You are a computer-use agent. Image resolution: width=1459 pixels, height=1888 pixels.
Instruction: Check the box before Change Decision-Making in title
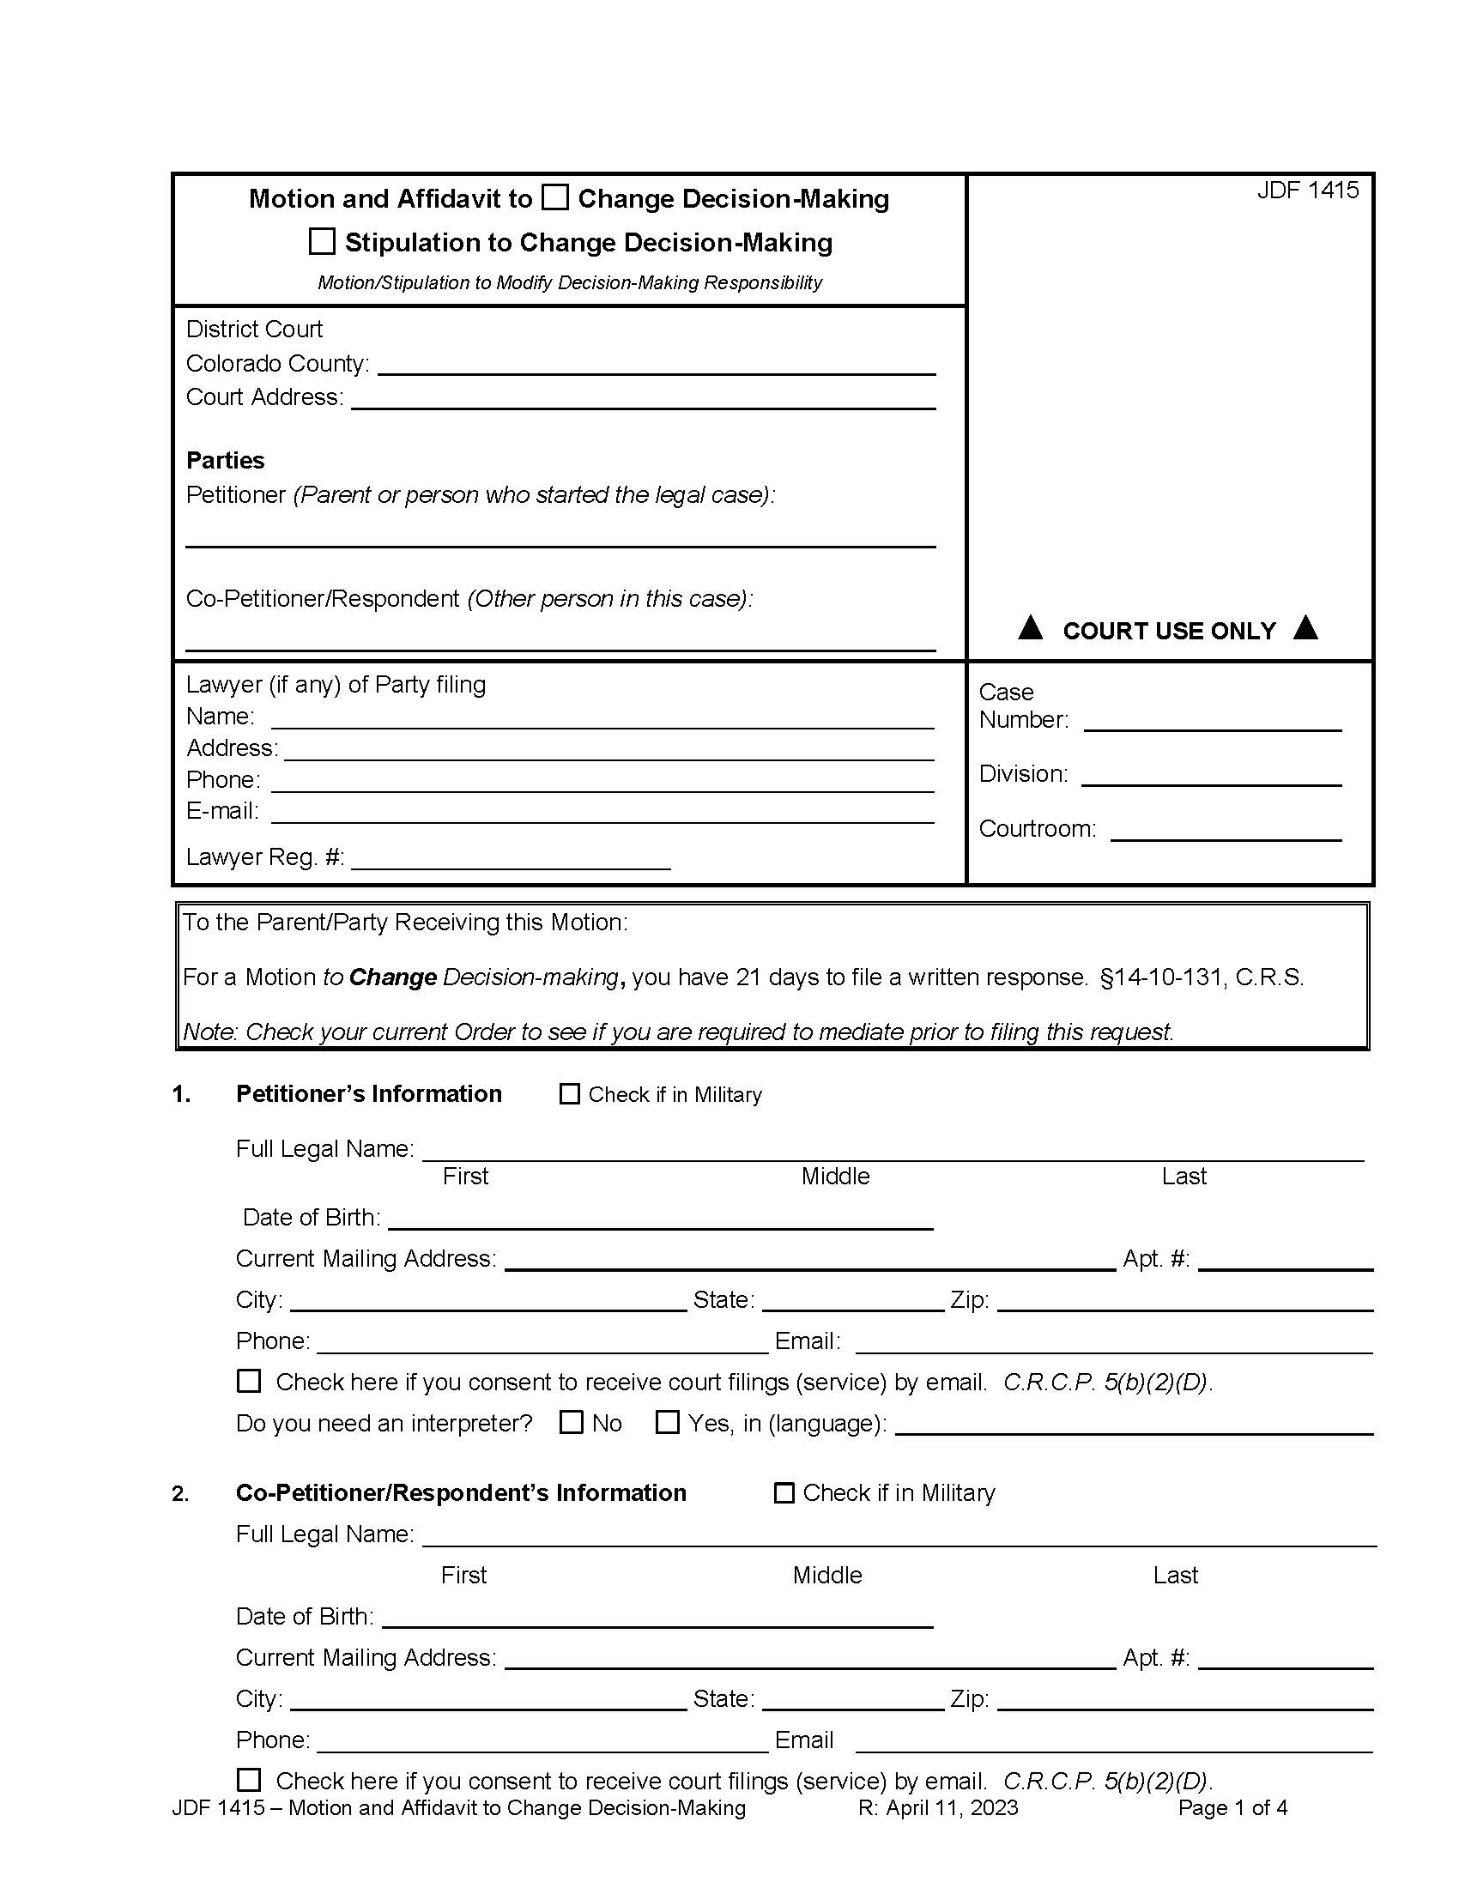pos(555,198)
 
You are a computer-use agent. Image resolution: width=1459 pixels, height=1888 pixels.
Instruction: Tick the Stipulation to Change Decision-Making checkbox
pos(322,241)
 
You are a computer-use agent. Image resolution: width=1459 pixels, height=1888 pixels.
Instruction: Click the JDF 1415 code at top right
pos(1307,191)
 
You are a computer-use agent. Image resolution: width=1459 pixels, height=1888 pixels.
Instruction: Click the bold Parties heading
pos(226,460)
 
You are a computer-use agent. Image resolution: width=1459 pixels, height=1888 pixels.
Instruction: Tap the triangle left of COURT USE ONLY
pos(1029,627)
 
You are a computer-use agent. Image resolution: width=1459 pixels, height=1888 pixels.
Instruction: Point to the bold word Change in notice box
pos(392,977)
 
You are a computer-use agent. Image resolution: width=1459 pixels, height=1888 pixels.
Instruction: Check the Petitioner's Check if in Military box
pos(570,1094)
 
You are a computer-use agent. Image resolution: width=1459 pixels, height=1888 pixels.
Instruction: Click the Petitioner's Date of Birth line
pos(660,1219)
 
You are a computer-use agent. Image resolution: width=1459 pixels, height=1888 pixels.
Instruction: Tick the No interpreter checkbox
pos(572,1423)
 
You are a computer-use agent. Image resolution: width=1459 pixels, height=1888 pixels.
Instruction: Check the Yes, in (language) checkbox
pos(667,1423)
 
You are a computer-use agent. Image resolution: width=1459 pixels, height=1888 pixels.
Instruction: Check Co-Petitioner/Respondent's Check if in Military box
pos(784,1493)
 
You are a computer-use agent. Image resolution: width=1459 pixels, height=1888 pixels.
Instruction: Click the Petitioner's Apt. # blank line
pos(1286,1262)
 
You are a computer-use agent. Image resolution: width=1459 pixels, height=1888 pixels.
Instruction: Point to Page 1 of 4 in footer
pos(1232,1807)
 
